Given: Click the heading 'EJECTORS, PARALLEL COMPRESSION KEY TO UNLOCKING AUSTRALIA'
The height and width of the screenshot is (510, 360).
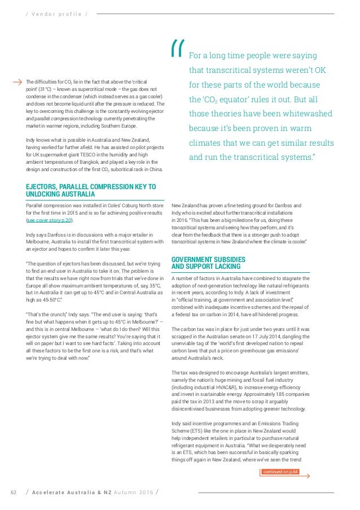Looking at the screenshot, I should pos(90,190).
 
